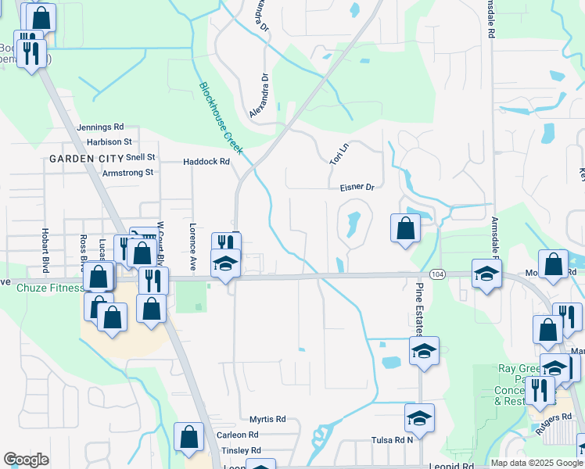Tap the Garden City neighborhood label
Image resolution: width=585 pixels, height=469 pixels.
pos(87,159)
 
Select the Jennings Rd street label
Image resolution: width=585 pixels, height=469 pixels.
pos(100,127)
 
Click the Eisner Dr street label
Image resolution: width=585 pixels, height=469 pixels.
pos(357,188)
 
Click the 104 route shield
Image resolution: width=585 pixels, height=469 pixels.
pos(437,274)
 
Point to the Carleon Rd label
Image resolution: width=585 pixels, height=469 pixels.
pos(237,435)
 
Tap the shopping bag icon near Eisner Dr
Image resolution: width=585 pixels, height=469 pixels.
pos(405,228)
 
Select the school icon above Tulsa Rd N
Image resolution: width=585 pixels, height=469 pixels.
pos(420,418)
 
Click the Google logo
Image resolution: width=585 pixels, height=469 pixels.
pos(26,460)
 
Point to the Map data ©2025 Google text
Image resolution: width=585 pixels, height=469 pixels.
pos(536,463)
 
